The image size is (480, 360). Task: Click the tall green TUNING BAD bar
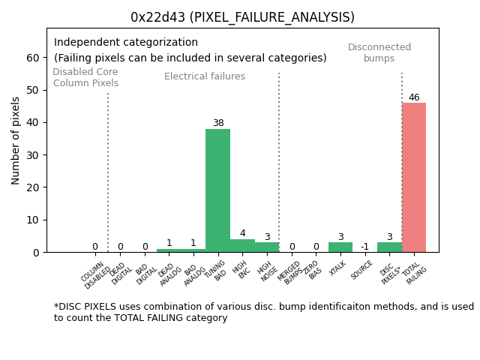217,190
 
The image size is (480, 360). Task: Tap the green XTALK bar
340,247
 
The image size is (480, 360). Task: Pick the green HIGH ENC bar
242,246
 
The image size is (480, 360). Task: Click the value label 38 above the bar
217,123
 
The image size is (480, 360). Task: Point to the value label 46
414,97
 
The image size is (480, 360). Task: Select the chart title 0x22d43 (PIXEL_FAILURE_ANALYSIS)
242,17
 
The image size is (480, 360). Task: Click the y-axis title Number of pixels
16,140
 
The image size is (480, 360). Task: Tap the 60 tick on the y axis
34,58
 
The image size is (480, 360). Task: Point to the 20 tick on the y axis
34,187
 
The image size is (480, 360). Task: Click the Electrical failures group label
205,76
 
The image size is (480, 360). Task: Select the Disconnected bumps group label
379,52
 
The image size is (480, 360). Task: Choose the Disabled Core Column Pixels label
85,77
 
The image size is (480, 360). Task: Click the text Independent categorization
126,43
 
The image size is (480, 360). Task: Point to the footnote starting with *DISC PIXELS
263,312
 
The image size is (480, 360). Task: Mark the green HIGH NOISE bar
267,247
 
